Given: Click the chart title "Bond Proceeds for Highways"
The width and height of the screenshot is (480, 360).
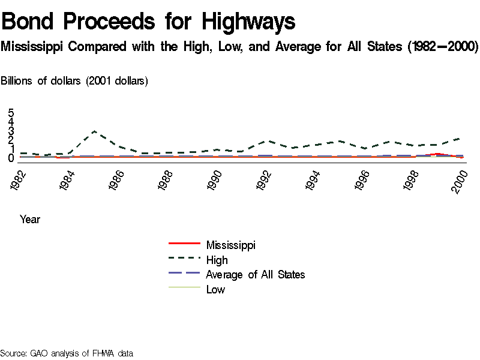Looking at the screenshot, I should coord(149,22).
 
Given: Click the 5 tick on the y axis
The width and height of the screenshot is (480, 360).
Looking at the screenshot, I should coord(11,112).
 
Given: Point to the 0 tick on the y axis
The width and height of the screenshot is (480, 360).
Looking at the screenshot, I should coord(11,158).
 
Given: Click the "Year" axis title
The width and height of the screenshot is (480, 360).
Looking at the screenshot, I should coord(30,220).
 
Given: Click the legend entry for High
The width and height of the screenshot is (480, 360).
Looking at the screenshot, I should coord(217,260).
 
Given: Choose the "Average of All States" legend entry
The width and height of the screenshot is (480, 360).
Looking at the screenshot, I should coord(255,275).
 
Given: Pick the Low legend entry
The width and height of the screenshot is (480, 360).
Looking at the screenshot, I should coord(215,290).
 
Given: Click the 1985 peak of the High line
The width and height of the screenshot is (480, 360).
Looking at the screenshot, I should coord(94,131).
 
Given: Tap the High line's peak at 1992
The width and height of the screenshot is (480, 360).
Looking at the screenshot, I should coord(266,140).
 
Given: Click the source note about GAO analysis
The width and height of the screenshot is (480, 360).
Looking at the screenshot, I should coord(67,353).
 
